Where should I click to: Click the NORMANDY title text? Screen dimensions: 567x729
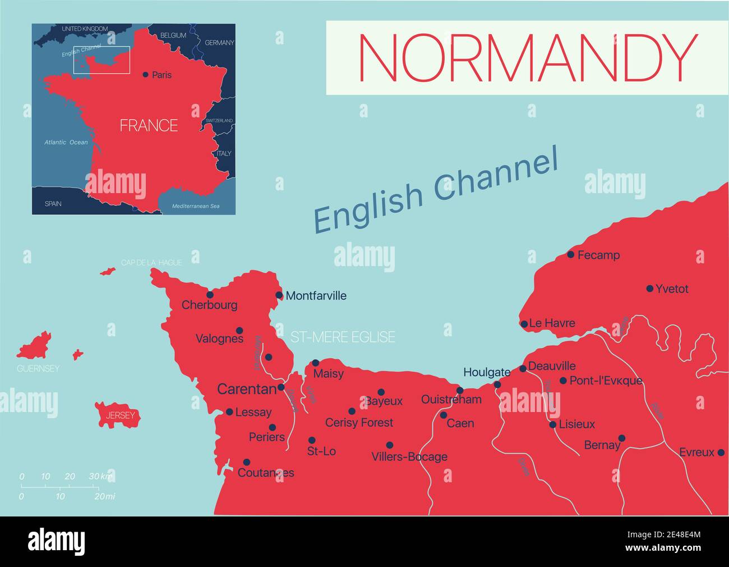(527, 57)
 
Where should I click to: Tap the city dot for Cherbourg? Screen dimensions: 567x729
(210, 294)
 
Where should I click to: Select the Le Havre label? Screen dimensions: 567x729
(552, 323)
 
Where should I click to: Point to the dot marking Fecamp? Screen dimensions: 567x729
(571, 254)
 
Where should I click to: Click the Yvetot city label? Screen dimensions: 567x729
(672, 289)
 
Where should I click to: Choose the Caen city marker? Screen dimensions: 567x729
(444, 415)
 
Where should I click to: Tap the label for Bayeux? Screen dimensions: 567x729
(384, 401)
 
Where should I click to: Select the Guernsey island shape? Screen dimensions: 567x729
(35, 346)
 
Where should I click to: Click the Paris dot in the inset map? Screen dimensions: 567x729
(146, 74)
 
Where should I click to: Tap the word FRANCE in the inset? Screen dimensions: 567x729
(149, 125)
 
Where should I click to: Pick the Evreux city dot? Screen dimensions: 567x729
(721, 452)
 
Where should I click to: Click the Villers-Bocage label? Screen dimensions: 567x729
(409, 457)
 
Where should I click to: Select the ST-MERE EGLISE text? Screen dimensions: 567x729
(343, 337)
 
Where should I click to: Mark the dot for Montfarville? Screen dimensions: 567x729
(279, 295)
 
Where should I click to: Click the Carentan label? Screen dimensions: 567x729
(247, 388)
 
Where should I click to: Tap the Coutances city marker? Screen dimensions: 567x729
(246, 462)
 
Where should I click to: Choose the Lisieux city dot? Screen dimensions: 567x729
(553, 424)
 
